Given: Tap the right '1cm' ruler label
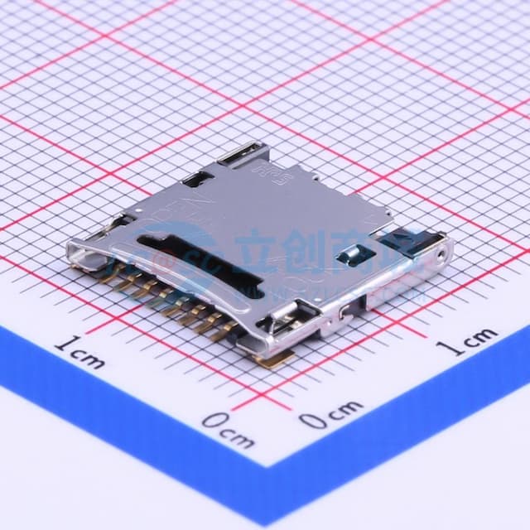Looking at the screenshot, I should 468,340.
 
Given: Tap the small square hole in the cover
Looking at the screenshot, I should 341,250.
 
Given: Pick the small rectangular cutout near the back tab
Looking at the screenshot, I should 196,177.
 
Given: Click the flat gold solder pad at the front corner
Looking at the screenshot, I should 277,357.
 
